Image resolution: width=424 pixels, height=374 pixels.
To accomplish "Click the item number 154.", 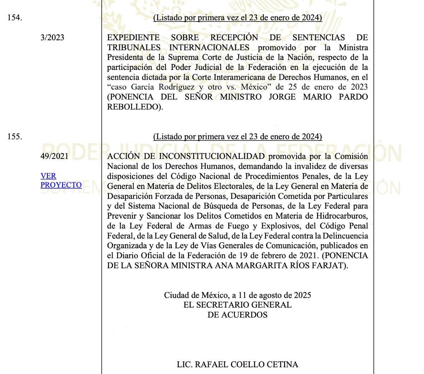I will pos(14,18).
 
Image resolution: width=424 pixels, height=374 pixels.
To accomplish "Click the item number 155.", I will pos(14,136).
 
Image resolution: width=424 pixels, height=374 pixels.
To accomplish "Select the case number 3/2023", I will pos(52,37).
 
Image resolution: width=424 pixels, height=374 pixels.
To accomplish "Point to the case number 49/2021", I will pos(54,156).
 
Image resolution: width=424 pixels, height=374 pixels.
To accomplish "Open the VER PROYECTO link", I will pos(61,180).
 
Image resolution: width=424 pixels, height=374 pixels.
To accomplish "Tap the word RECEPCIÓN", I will pos(234,37).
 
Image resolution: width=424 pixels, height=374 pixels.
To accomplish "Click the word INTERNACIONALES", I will pos(209,47).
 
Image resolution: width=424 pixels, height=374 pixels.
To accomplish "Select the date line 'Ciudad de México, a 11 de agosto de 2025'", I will pos(237,295).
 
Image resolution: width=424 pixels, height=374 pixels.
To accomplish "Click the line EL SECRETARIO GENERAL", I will pos(237,304).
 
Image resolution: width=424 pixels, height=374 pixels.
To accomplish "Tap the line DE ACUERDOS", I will pos(237,314).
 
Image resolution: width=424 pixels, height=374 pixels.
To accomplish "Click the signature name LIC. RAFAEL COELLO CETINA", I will pos(237,364).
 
